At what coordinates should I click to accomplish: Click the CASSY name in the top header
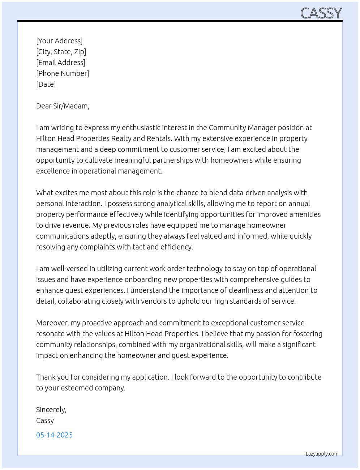click(321, 13)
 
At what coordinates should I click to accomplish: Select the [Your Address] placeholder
click(59, 41)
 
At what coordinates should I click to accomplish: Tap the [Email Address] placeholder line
click(61, 63)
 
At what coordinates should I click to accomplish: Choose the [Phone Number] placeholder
click(63, 73)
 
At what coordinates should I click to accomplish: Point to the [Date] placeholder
click(46, 84)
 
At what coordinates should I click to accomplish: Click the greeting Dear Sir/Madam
click(63, 106)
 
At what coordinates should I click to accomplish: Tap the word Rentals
click(159, 138)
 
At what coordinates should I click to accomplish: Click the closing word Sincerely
click(51, 410)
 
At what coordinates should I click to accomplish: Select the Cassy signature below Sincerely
click(45, 420)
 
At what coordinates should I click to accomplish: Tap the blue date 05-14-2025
click(54, 435)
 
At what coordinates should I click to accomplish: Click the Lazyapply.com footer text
click(322, 454)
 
